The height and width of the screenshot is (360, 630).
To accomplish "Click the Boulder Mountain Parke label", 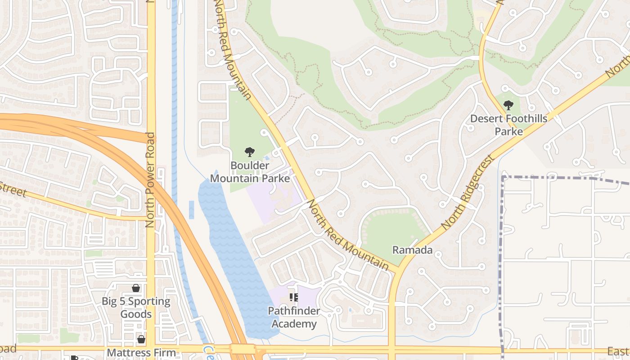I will [250, 172].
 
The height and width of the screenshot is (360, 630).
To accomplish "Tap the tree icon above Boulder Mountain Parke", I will [249, 152].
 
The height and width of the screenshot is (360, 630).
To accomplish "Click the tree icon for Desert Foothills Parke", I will [508, 106].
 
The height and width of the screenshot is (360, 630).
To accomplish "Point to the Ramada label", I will [412, 250].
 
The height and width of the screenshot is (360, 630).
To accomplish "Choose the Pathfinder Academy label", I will [294, 317].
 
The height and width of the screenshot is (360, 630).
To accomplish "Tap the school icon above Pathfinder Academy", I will [294, 297].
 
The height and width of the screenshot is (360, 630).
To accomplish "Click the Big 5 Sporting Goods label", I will [136, 307].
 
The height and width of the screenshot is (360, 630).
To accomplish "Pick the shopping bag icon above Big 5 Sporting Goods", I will [136, 288].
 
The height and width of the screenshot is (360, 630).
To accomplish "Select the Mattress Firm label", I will [141, 353].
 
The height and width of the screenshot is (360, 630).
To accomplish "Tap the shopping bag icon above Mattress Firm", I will [141, 339].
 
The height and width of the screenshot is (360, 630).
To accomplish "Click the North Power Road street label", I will [150, 180].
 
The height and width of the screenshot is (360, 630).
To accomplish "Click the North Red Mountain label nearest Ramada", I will [347, 235].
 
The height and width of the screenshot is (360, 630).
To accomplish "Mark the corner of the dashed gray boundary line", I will [503, 177].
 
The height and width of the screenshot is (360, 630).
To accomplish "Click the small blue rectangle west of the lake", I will [191, 210].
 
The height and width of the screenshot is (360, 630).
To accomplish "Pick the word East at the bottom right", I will [618, 351].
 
